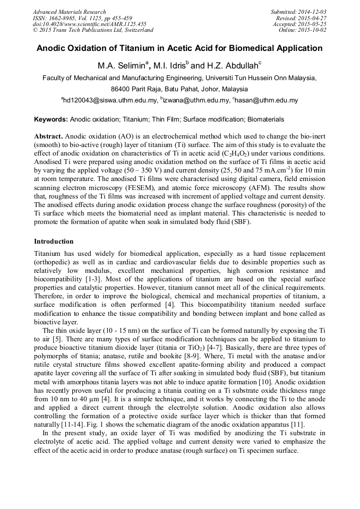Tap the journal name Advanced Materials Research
click(x=69, y=12)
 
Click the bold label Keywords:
click(x=51, y=119)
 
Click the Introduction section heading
click(x=54, y=241)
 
